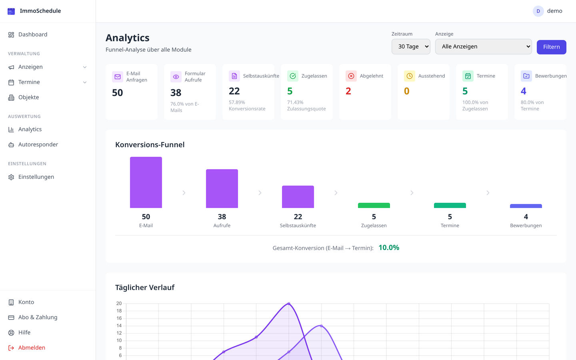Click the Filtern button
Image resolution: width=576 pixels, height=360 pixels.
tap(551, 47)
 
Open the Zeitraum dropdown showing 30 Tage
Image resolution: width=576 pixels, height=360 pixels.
tap(410, 46)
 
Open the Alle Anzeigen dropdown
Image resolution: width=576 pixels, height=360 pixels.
tap(483, 46)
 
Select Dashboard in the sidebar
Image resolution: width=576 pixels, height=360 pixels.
tap(33, 35)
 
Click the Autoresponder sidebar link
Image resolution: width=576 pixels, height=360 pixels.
tap(38, 144)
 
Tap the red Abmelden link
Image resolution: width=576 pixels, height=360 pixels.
tap(32, 348)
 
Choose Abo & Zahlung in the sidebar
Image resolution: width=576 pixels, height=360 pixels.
tap(38, 317)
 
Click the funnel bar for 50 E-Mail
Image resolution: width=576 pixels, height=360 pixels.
tap(146, 182)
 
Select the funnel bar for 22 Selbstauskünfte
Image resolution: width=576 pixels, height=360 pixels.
tap(298, 197)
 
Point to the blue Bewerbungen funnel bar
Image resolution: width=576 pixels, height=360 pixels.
tap(526, 206)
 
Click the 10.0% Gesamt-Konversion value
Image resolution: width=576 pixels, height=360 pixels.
tap(389, 248)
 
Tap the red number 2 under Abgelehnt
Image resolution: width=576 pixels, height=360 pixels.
tap(348, 91)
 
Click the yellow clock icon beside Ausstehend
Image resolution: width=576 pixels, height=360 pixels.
tap(410, 76)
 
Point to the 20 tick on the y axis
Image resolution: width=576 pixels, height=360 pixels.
tap(119, 304)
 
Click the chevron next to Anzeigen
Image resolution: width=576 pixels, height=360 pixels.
tap(85, 67)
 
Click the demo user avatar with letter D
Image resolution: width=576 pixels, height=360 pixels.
tap(538, 11)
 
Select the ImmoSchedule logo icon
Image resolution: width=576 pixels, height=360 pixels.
tap(11, 11)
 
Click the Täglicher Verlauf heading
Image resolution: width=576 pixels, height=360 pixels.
tap(145, 287)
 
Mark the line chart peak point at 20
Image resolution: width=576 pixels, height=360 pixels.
tap(289, 304)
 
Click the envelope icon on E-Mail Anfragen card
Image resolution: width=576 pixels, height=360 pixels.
tap(118, 77)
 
